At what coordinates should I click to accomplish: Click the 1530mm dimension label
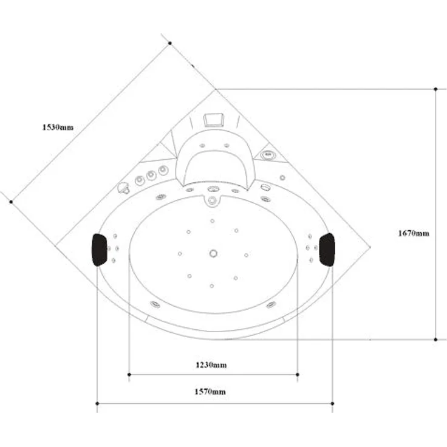click(58, 127)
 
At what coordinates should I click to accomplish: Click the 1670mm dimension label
click(414, 233)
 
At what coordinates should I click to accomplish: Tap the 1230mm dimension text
click(211, 365)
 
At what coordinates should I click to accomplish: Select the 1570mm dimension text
click(210, 392)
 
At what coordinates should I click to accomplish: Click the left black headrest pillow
click(99, 250)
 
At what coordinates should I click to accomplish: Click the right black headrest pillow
click(327, 250)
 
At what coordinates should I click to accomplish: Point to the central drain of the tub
click(213, 253)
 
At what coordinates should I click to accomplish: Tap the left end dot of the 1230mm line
click(129, 374)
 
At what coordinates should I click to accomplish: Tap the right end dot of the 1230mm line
click(298, 374)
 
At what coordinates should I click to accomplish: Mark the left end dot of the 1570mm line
click(97, 403)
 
